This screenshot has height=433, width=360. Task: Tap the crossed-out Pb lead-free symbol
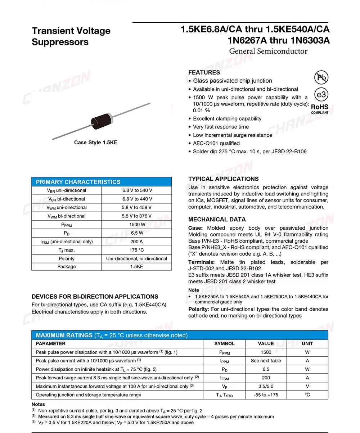[321, 77]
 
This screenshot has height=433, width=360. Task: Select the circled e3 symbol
[321, 94]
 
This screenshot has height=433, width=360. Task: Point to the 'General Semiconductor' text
[268, 51]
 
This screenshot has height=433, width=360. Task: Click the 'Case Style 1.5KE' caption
[95, 143]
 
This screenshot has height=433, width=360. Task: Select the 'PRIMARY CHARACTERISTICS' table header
[78, 182]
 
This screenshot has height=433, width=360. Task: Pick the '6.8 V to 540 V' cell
[137, 190]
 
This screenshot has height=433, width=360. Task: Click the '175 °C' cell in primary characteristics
[137, 250]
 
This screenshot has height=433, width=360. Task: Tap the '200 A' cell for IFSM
[137, 242]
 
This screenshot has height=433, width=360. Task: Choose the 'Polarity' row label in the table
[67, 258]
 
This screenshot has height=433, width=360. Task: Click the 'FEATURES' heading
[204, 72]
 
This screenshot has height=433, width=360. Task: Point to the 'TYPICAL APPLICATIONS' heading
[223, 179]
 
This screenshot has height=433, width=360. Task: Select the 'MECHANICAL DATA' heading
[217, 219]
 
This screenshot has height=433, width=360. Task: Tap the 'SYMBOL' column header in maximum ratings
[224, 343]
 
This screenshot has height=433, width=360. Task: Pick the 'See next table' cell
[266, 361]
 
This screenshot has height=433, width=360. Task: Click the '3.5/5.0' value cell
[266, 386]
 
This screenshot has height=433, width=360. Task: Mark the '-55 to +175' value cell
[266, 395]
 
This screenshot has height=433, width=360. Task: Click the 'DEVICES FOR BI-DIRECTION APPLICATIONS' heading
[95, 297]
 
